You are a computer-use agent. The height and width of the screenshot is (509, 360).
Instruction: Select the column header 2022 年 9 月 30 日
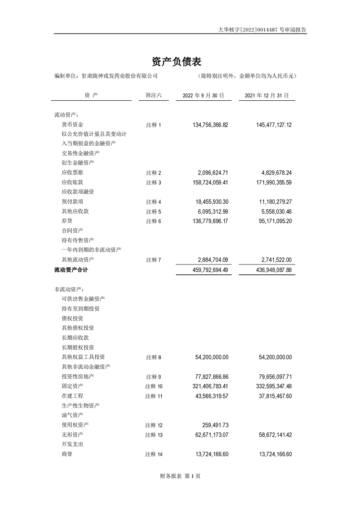point(203,96)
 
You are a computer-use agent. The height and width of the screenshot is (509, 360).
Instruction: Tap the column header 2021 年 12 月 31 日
point(266,96)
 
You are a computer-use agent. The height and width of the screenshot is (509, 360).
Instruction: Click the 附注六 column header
point(153,96)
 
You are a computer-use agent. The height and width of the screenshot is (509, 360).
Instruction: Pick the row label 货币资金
point(72,124)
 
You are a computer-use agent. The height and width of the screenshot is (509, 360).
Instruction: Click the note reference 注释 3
point(153,182)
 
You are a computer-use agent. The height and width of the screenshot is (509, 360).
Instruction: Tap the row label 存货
point(67,221)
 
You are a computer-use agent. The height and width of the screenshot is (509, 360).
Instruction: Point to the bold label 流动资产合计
point(71,270)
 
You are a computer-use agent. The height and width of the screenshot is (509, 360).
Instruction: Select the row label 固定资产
point(72,386)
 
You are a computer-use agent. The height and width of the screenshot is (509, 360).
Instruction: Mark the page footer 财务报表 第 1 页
point(180,476)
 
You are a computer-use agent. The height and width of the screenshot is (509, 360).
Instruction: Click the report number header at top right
point(262,29)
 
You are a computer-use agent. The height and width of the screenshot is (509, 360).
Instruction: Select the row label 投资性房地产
point(78,377)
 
